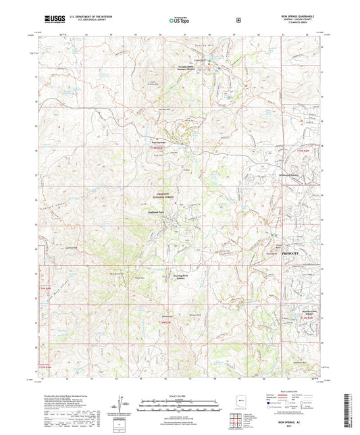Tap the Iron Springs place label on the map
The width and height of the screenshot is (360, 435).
(x=157, y=143)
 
